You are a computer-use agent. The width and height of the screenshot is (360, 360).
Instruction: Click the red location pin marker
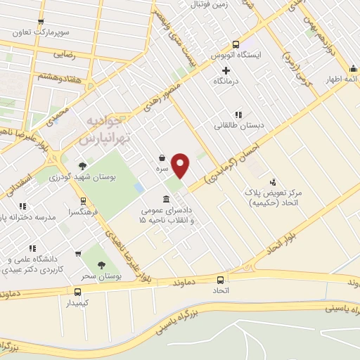pyautogui.click(x=181, y=165)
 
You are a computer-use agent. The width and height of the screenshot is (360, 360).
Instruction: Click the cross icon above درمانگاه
pyautogui.click(x=226, y=70)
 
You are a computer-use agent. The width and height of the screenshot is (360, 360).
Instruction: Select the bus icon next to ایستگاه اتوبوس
pyautogui.click(x=236, y=43)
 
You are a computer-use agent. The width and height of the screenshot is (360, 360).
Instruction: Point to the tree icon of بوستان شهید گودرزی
pyautogui.click(x=83, y=166)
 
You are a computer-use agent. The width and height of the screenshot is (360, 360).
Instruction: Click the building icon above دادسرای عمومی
pyautogui.click(x=165, y=198)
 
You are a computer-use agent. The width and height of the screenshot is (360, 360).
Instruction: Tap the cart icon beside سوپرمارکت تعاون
pyautogui.click(x=41, y=22)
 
